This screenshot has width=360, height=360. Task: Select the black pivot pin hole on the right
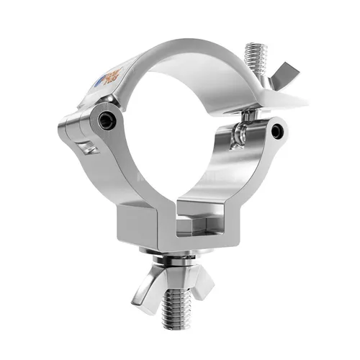pyautogui.click(x=278, y=130)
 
